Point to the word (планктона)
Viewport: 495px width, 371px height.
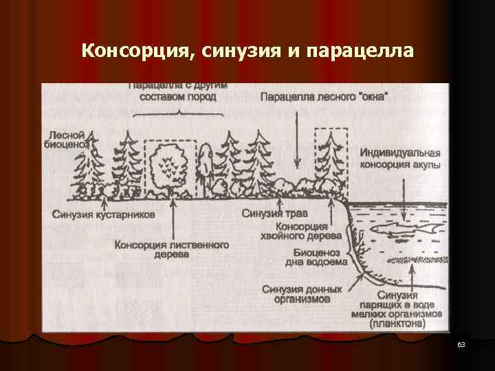click(x=396, y=322)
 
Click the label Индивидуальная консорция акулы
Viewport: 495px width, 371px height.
click(x=399, y=159)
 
